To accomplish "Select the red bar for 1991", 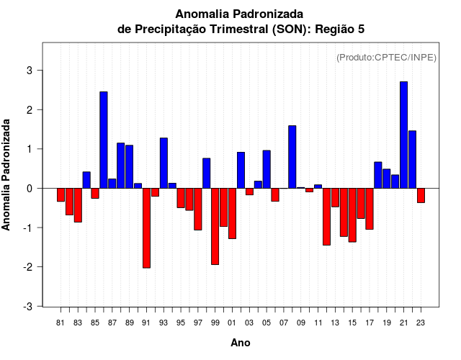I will click(146, 228).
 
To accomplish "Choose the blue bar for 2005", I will click(267, 169).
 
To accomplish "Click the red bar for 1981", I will click(61, 194).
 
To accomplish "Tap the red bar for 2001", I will click(232, 213).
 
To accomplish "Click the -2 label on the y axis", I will click(28, 267).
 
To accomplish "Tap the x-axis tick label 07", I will click(284, 323).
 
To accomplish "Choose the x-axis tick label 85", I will click(95, 323).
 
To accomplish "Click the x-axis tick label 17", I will click(370, 323).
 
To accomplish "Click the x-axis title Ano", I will click(241, 343).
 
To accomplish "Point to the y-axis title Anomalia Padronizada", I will click(6, 175).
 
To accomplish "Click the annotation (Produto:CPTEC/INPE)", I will click(386, 57).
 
